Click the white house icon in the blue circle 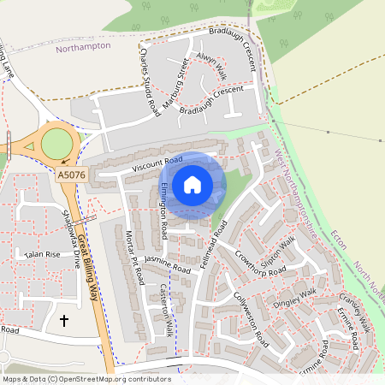point(192,184)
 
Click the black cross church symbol point(64,321)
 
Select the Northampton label point(83,47)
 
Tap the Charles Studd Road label point(150,81)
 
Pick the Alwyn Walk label point(210,65)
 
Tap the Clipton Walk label point(284,252)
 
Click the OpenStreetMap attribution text point(86,378)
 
